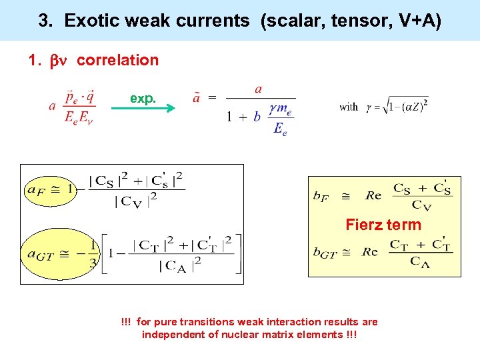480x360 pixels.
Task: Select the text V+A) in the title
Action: pyautogui.click(x=416, y=21)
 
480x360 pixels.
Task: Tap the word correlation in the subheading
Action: pyautogui.click(x=117, y=60)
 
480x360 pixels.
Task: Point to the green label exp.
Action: pyautogui.click(x=143, y=98)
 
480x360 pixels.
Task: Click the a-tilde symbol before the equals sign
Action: pyautogui.click(x=197, y=98)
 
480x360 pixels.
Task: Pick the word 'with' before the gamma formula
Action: pyautogui.click(x=349, y=107)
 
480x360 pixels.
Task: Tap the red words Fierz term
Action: pyautogui.click(x=383, y=225)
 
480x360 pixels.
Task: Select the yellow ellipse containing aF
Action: pyautogui.click(x=49, y=189)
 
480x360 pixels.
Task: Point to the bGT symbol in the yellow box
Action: pyautogui.click(x=325, y=252)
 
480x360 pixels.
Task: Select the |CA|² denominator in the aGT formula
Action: pyautogui.click(x=180, y=264)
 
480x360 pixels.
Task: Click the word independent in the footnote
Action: pyautogui.click(x=173, y=335)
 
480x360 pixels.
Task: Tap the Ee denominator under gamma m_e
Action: pyautogui.click(x=280, y=129)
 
